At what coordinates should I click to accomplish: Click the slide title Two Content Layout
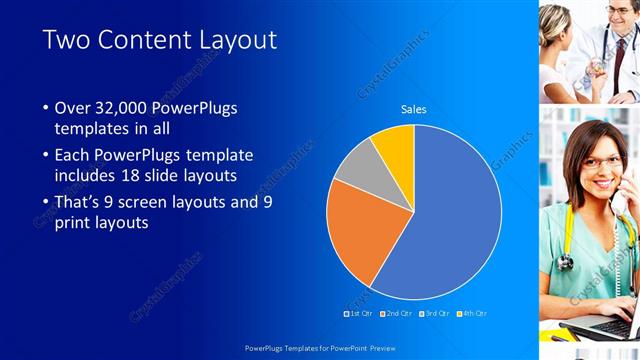(160, 40)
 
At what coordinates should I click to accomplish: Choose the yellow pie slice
(396, 148)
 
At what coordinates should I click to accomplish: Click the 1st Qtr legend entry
(360, 313)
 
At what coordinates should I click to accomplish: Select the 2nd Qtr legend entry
(398, 313)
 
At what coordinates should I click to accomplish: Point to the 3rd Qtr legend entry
(435, 313)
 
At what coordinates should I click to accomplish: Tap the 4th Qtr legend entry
(473, 313)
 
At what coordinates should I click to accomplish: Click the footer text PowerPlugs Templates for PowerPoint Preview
(320, 348)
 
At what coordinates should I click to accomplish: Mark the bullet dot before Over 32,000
(46, 108)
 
